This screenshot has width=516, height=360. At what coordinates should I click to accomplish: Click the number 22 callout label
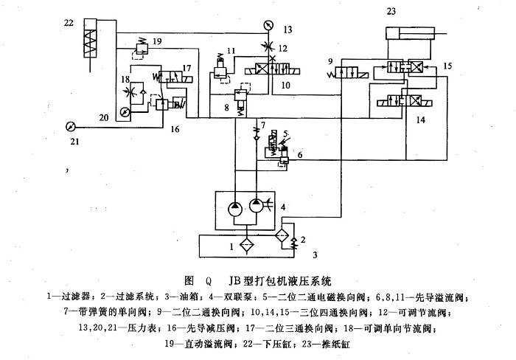tap(69, 23)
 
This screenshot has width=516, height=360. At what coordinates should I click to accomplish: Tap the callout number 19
tap(157, 43)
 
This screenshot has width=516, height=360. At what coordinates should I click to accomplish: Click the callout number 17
tap(187, 68)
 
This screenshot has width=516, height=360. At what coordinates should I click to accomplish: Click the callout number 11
tap(231, 50)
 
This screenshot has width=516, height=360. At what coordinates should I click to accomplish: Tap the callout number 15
tap(447, 66)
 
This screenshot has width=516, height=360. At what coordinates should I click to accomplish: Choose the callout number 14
tap(420, 119)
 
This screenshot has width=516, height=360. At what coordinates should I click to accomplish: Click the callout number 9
tap(332, 61)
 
